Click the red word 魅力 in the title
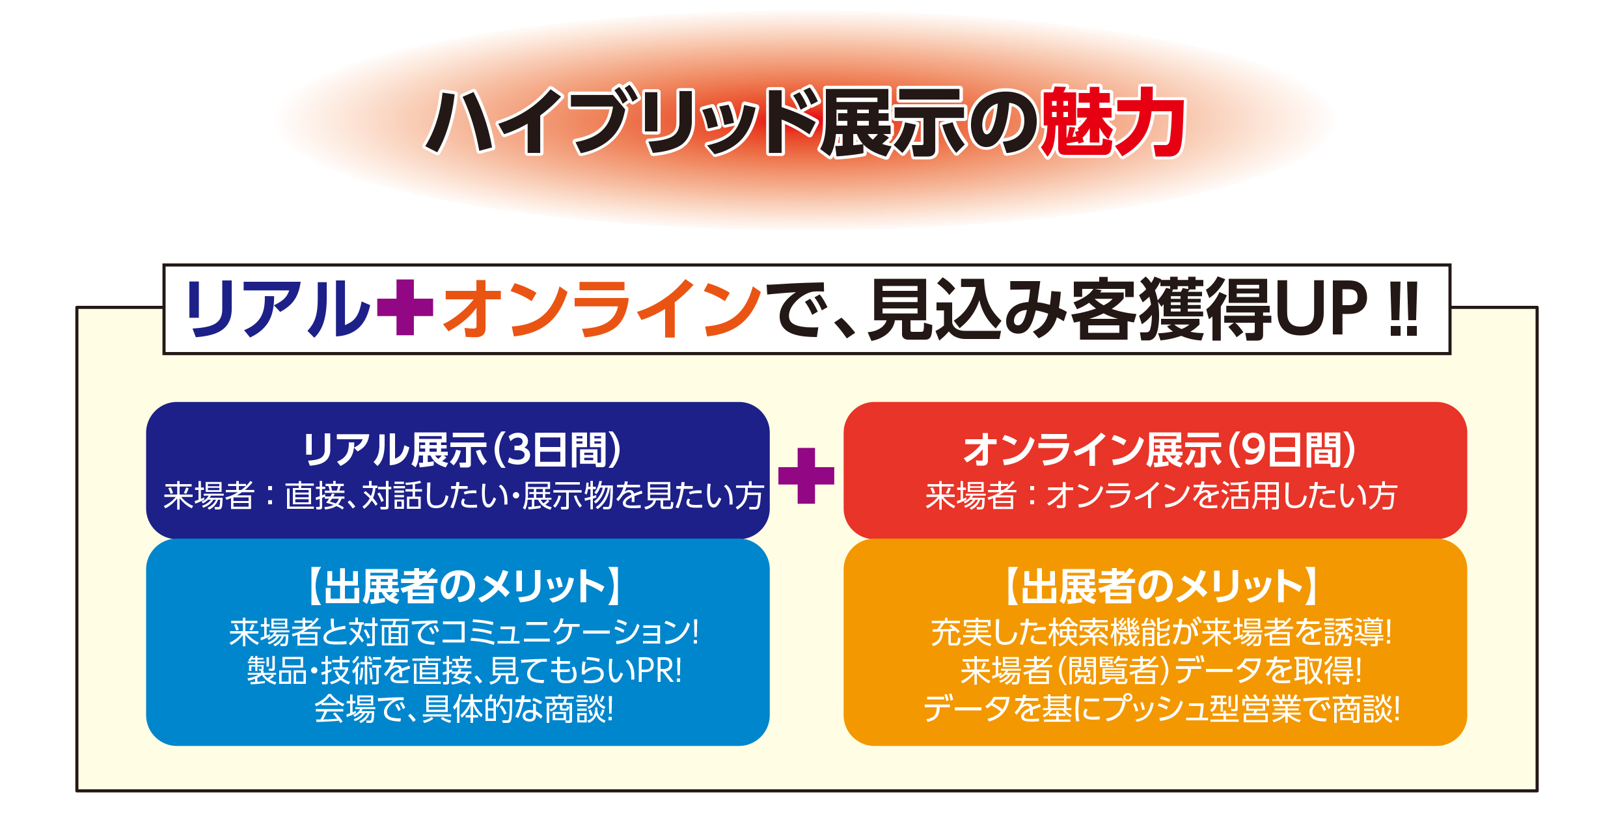(1113, 122)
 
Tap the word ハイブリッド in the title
(621, 122)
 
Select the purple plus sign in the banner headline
(405, 307)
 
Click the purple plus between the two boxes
(806, 476)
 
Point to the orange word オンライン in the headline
(601, 308)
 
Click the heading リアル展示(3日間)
(461, 450)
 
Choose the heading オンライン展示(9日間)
(1159, 450)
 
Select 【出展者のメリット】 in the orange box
(1159, 586)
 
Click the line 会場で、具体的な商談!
(463, 709)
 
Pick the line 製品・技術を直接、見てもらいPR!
(464, 670)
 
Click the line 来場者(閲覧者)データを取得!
(1160, 670)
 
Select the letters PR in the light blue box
(655, 671)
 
